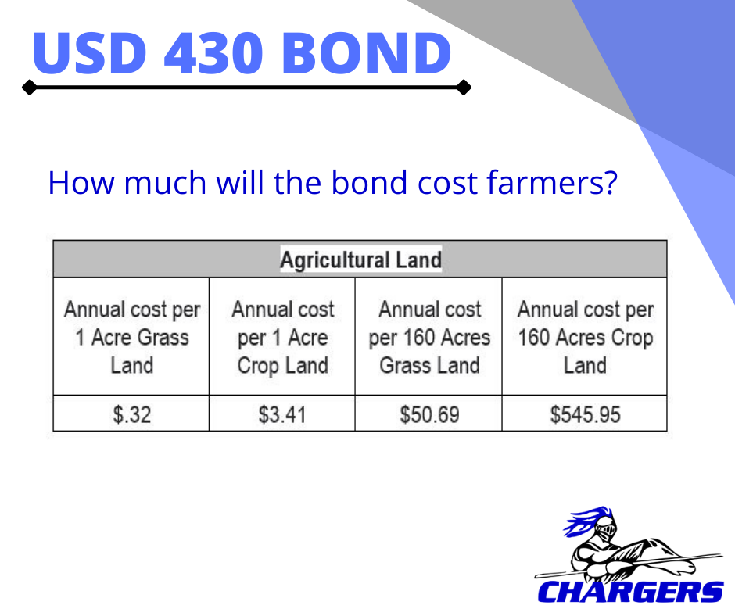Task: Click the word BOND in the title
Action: click(366, 52)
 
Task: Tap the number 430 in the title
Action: click(213, 52)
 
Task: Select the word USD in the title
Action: click(89, 52)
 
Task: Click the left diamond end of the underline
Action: click(29, 88)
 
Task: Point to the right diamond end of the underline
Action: click(464, 88)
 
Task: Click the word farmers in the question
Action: click(552, 182)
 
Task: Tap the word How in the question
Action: click(81, 182)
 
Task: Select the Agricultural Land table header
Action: click(360, 260)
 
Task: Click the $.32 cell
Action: click(131, 414)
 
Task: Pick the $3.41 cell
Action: click(282, 414)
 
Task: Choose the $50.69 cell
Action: click(429, 414)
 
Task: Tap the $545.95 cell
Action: click(585, 414)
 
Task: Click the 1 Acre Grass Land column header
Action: click(131, 337)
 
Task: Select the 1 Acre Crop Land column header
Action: click(282, 337)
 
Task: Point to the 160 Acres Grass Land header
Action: click(429, 337)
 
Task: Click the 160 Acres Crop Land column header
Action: click(585, 337)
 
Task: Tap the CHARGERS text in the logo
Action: click(630, 592)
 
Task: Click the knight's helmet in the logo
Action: click(604, 529)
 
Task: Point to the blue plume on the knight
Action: click(583, 521)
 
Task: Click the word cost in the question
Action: click(447, 182)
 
